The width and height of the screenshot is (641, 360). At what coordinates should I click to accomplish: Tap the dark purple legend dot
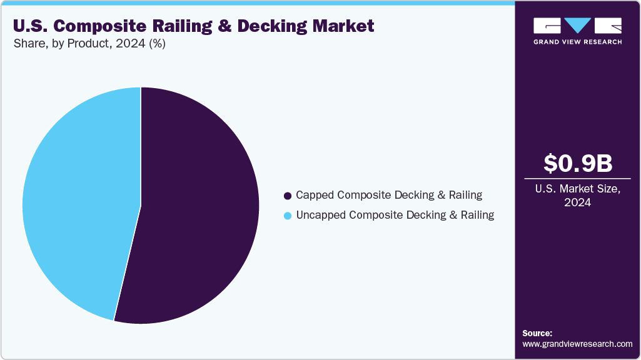point(288,196)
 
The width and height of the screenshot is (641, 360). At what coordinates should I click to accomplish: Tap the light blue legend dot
point(288,216)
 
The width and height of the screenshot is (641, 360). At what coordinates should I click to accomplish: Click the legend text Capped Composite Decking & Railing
point(389,195)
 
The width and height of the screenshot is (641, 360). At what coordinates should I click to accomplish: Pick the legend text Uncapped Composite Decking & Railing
point(395,216)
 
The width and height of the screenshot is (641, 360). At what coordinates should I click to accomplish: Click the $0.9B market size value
point(577,163)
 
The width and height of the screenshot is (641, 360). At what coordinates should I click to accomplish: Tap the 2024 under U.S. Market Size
point(577,203)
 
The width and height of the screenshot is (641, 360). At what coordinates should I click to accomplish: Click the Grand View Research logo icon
point(577,26)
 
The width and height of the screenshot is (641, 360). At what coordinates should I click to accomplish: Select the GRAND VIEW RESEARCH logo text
point(577,42)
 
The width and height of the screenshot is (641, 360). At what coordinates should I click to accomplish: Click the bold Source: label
point(537,333)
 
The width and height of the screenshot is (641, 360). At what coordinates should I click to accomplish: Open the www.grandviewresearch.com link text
point(577,344)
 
